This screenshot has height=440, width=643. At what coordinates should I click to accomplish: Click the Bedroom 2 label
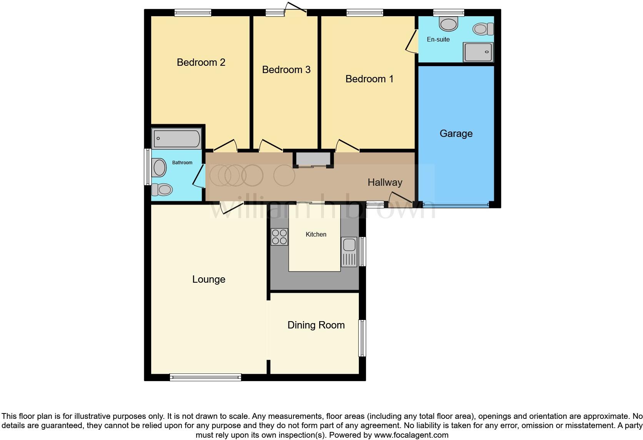(201, 62)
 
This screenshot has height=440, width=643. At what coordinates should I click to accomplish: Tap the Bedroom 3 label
(286, 70)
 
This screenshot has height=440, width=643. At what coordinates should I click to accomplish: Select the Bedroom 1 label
(369, 79)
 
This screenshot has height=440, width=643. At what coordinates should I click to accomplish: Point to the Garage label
(456, 133)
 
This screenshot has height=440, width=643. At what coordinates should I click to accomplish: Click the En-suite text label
(438, 39)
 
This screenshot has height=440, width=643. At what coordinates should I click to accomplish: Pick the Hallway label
(385, 182)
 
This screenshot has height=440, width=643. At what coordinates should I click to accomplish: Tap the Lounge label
(208, 279)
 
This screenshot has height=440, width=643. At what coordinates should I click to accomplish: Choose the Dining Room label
(316, 325)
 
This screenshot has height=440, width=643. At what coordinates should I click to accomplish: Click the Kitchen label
(316, 234)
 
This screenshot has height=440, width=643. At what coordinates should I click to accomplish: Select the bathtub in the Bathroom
(177, 139)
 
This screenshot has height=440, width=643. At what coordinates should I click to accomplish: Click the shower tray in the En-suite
(478, 52)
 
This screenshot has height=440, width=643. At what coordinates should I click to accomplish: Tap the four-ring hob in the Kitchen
(279, 237)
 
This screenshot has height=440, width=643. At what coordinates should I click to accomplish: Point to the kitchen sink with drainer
(349, 252)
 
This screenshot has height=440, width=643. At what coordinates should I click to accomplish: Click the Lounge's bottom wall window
(205, 377)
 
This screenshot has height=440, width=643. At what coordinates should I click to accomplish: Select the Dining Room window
(362, 338)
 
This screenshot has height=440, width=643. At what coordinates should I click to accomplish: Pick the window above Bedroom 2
(193, 13)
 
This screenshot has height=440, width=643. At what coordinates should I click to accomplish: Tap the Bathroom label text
(182, 163)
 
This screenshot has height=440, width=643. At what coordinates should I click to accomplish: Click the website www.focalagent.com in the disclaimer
(411, 435)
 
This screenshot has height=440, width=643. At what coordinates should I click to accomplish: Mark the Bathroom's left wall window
(147, 167)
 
